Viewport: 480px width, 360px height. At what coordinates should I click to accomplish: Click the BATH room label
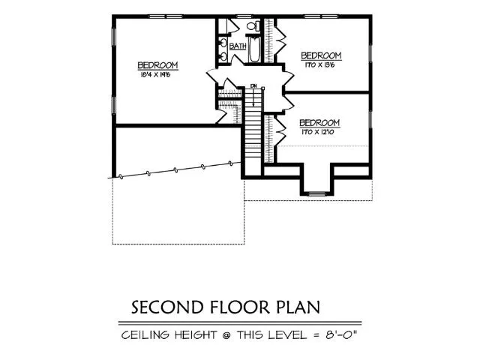238,46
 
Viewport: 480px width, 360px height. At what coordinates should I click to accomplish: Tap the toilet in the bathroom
253,27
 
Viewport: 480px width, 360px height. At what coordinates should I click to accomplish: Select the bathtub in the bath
254,51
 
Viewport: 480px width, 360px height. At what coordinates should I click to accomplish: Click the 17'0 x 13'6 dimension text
320,65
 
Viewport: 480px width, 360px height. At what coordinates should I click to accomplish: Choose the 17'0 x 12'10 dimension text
319,132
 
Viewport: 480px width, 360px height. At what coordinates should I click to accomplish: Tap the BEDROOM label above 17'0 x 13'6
321,55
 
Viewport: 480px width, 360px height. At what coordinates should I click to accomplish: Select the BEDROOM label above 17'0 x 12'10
319,122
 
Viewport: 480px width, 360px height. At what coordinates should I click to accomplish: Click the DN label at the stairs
253,85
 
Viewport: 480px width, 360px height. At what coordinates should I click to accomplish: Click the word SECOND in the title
162,307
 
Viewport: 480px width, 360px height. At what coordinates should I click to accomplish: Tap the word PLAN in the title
296,307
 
